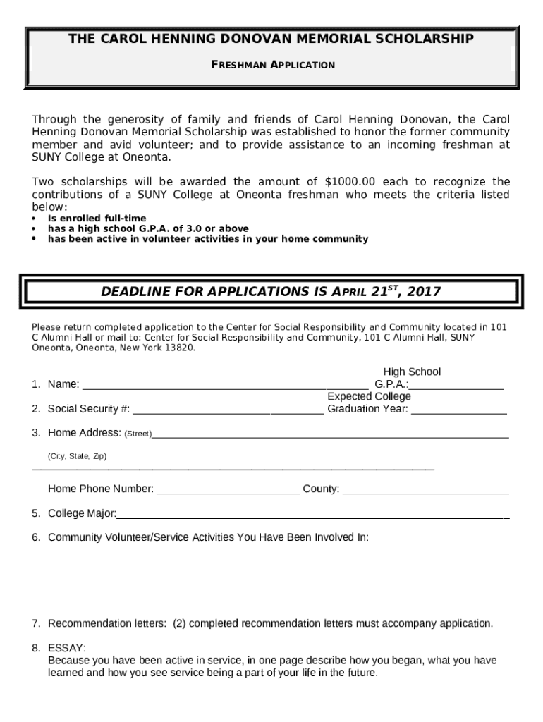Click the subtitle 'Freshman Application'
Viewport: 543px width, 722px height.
click(x=274, y=65)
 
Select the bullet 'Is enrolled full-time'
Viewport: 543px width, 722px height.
click(x=97, y=219)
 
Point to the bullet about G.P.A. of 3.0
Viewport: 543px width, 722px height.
click(x=147, y=228)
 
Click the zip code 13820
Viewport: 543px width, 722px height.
click(x=179, y=348)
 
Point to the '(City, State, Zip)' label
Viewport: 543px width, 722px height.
click(x=77, y=456)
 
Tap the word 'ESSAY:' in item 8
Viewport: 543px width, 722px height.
click(x=67, y=648)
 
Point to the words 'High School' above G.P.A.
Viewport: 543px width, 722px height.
click(x=412, y=372)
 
